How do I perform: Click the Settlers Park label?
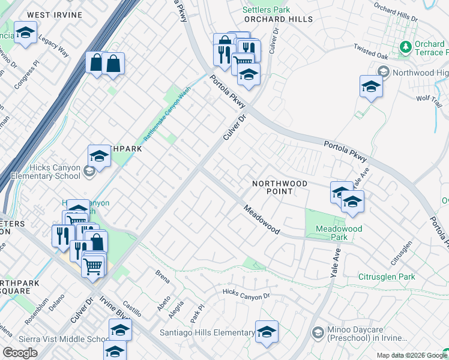266,10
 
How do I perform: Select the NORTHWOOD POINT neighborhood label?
280,187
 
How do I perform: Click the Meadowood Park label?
339,233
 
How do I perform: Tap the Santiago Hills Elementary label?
207,332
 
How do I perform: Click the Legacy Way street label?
54,45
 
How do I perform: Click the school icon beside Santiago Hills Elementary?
267,331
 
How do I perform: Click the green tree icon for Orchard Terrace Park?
406,46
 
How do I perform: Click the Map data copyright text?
411,355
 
